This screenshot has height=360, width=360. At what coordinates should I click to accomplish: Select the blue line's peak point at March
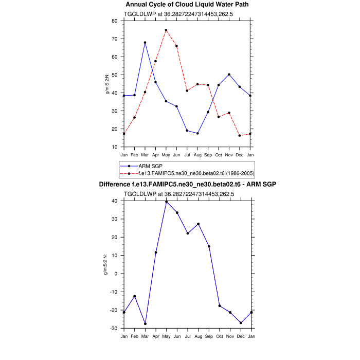(145, 43)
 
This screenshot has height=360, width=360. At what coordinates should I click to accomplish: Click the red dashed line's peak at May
(166, 30)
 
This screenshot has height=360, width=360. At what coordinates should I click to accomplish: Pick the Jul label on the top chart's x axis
(187, 155)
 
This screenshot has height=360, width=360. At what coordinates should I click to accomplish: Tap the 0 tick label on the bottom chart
(116, 274)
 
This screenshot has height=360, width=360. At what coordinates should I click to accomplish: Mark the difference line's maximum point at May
(166, 202)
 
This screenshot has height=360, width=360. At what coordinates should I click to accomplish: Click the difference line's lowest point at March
(145, 323)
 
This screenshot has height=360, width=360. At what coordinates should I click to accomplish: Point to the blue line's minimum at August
(197, 133)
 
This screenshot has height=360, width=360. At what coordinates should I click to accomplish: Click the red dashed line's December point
(240, 136)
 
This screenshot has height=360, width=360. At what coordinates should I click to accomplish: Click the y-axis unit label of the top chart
(107, 84)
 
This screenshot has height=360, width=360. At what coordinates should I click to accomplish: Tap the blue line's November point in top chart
(229, 75)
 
